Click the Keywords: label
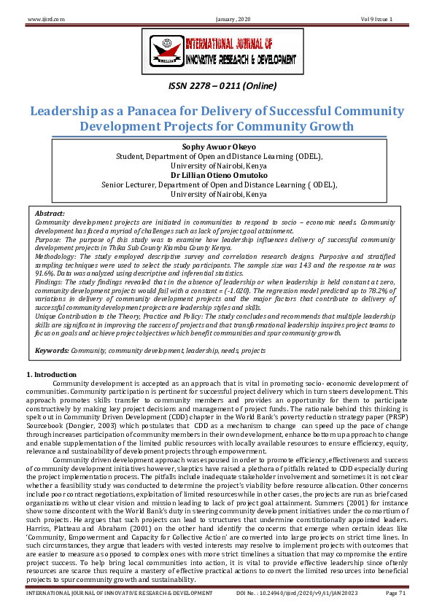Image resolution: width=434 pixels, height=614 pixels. pyautogui.click(x=53, y=351)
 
